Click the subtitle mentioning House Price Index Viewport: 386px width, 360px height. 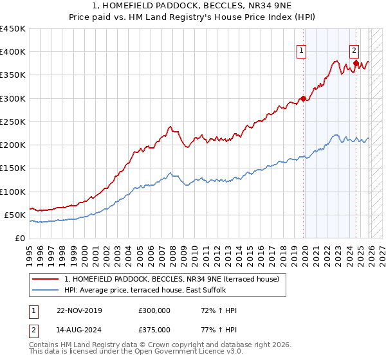(193, 18)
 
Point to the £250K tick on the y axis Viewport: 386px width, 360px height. (13, 122)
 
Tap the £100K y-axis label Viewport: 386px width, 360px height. (13, 192)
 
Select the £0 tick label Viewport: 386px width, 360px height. (20, 238)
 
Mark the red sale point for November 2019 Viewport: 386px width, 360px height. (303, 98)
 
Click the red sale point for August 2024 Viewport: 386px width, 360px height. (355, 63)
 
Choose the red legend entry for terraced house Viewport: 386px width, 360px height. (171, 279)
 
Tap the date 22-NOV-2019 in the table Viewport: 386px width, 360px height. (79, 310)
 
